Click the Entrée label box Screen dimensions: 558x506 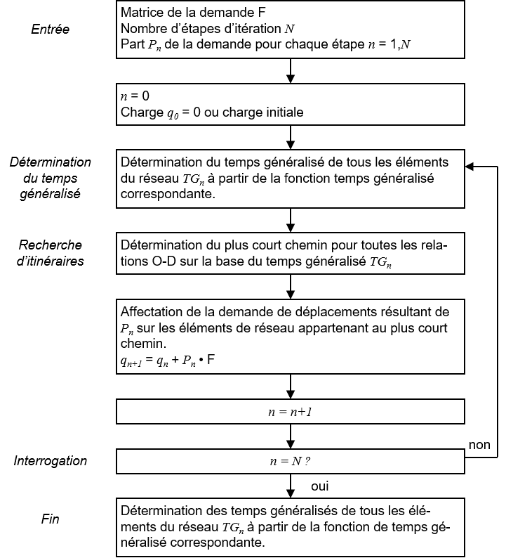[50, 29]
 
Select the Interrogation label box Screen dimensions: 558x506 [50, 461]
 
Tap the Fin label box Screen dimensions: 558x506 [50, 519]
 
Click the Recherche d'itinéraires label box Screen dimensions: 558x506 [50, 253]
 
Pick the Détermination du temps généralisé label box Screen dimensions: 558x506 [50, 179]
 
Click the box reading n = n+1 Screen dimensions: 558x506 [290, 412]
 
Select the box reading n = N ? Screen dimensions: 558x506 [290, 462]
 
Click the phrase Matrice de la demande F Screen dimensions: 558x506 [193, 13]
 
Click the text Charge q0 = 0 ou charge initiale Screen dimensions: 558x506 [212, 112]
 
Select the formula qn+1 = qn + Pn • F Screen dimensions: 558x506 [168, 360]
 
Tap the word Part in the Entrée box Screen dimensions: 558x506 [133, 44]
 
